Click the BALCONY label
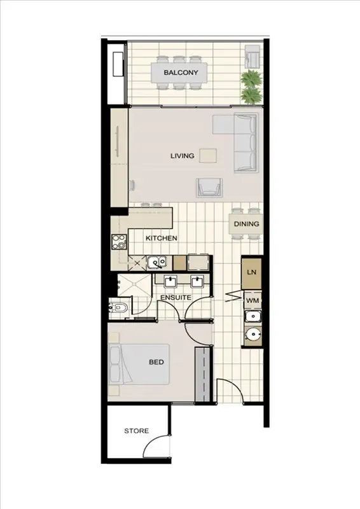click(181, 73)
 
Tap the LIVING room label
click(182, 155)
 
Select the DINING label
click(246, 224)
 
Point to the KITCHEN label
click(161, 238)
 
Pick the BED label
click(156, 362)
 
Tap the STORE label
click(136, 431)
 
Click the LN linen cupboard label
click(251, 272)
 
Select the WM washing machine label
click(252, 300)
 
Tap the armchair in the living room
click(210, 186)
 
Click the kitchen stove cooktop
click(119, 242)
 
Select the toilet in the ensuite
click(120, 309)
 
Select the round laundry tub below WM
click(253, 333)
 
